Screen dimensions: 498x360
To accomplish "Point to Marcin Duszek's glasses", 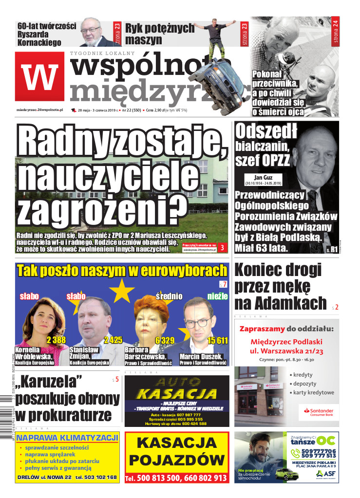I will (x=198, y=321).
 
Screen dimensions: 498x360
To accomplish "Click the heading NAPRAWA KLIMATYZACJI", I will (x=67, y=437).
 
